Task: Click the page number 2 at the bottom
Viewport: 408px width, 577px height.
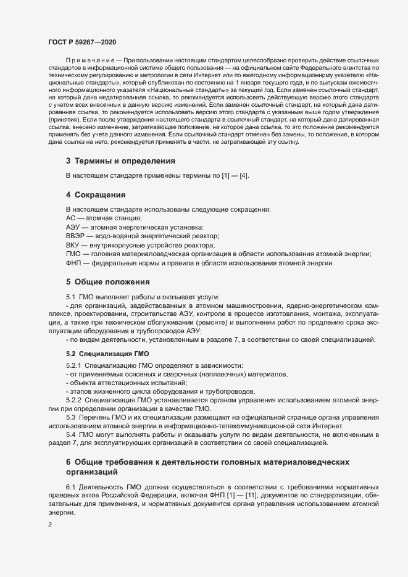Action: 50,525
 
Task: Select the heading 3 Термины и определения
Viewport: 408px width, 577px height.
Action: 120,161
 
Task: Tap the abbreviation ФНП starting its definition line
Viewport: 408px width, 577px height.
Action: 74,263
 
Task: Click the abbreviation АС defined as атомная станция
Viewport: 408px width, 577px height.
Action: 70,218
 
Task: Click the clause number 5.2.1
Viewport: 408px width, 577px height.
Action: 77,365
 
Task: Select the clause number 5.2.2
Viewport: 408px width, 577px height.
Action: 77,400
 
